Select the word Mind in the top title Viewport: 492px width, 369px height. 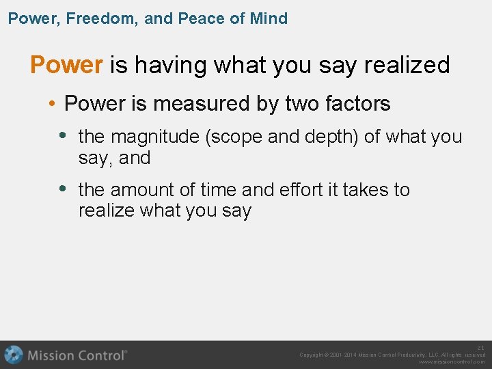click(269, 18)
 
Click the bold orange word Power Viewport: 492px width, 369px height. click(66, 65)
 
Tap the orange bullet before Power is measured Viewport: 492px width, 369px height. click(52, 104)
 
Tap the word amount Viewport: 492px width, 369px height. click(143, 189)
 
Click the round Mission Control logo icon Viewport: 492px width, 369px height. click(14, 355)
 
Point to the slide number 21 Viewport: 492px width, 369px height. click(480, 348)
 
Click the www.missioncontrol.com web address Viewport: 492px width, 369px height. click(452, 362)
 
